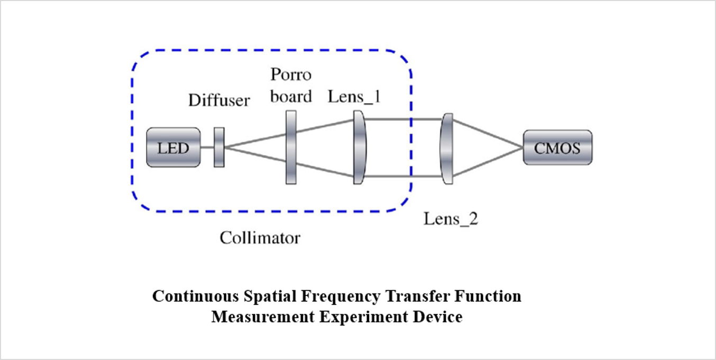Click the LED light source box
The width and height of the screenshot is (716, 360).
[x=173, y=147]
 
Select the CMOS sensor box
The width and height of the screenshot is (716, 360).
[x=557, y=147]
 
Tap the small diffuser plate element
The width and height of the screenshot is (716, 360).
[x=219, y=147]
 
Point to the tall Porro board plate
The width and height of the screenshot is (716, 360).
[x=290, y=146]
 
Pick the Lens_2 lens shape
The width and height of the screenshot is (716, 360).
[x=447, y=149]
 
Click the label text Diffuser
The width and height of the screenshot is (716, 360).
[x=219, y=100]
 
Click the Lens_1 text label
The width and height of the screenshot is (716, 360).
[x=354, y=97]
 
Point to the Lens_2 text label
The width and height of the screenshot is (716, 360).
[x=451, y=218]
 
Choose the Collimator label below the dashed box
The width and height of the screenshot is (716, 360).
[x=260, y=238]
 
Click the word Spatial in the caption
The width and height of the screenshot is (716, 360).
[x=271, y=296]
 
